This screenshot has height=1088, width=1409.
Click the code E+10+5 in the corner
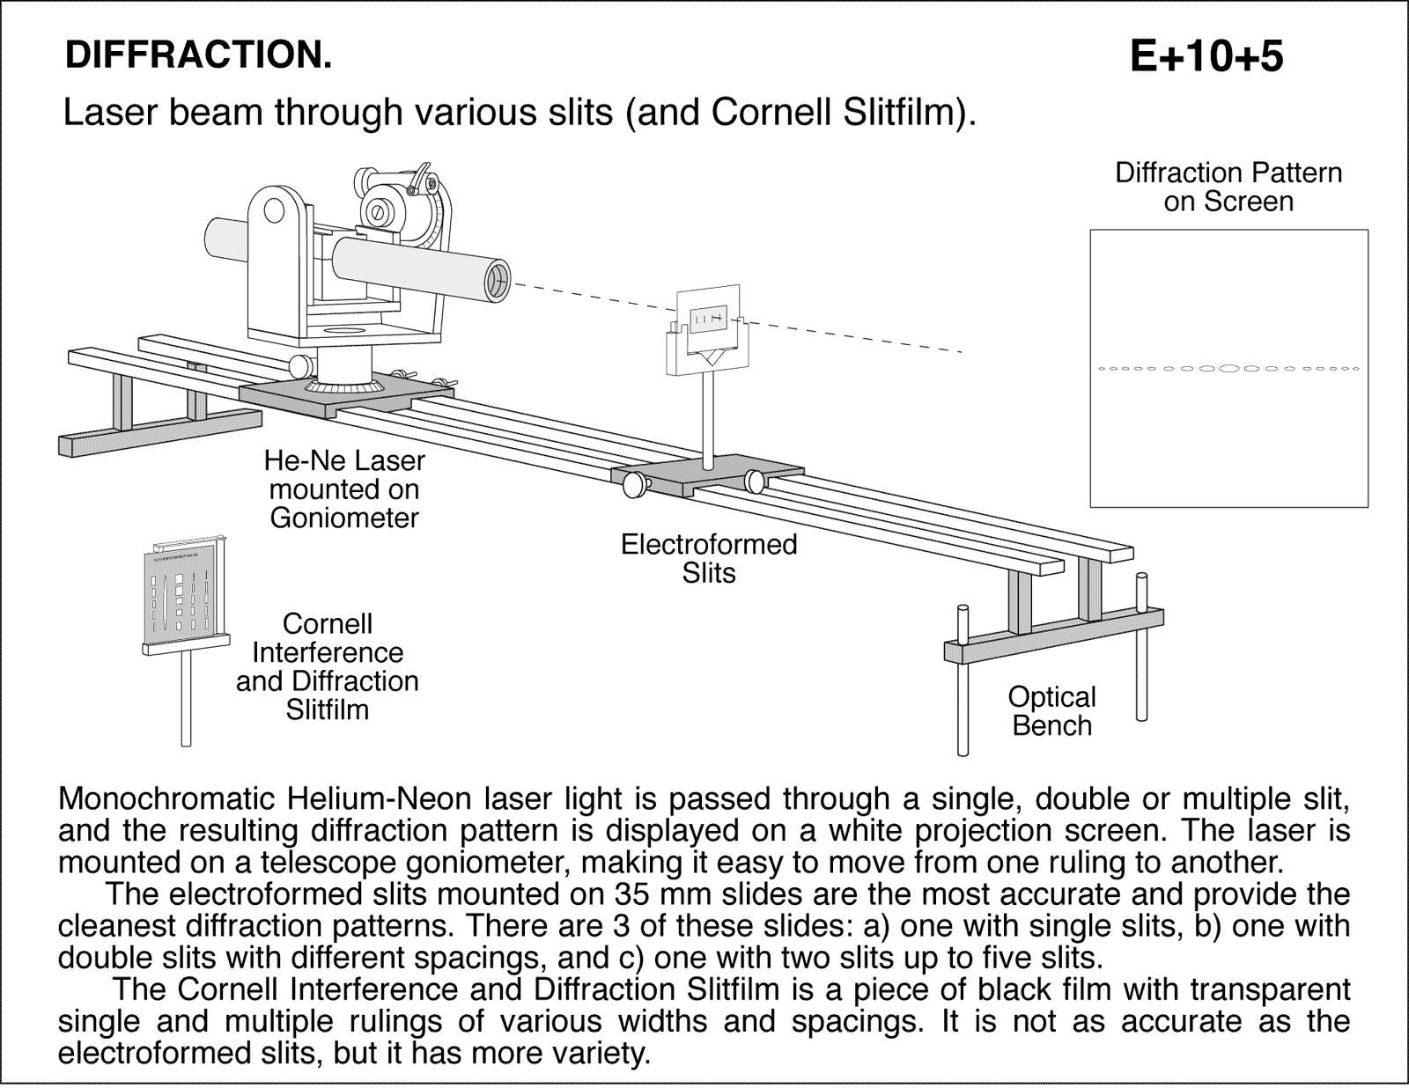(1206, 57)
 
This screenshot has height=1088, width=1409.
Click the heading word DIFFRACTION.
(199, 55)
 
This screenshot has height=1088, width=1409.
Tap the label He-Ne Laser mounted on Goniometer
(344, 489)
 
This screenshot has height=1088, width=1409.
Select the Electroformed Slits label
(709, 558)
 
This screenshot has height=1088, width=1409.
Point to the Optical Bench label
(1051, 710)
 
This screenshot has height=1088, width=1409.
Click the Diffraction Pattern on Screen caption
(1228, 187)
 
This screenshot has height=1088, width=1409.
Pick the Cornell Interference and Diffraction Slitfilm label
(328, 666)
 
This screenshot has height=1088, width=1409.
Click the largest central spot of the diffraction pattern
(1229, 368)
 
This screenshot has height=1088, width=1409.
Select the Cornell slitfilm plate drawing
(184, 594)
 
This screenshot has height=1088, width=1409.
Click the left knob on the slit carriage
(633, 484)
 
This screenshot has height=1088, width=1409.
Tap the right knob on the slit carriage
(756, 481)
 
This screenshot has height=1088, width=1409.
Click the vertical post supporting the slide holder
(709, 414)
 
